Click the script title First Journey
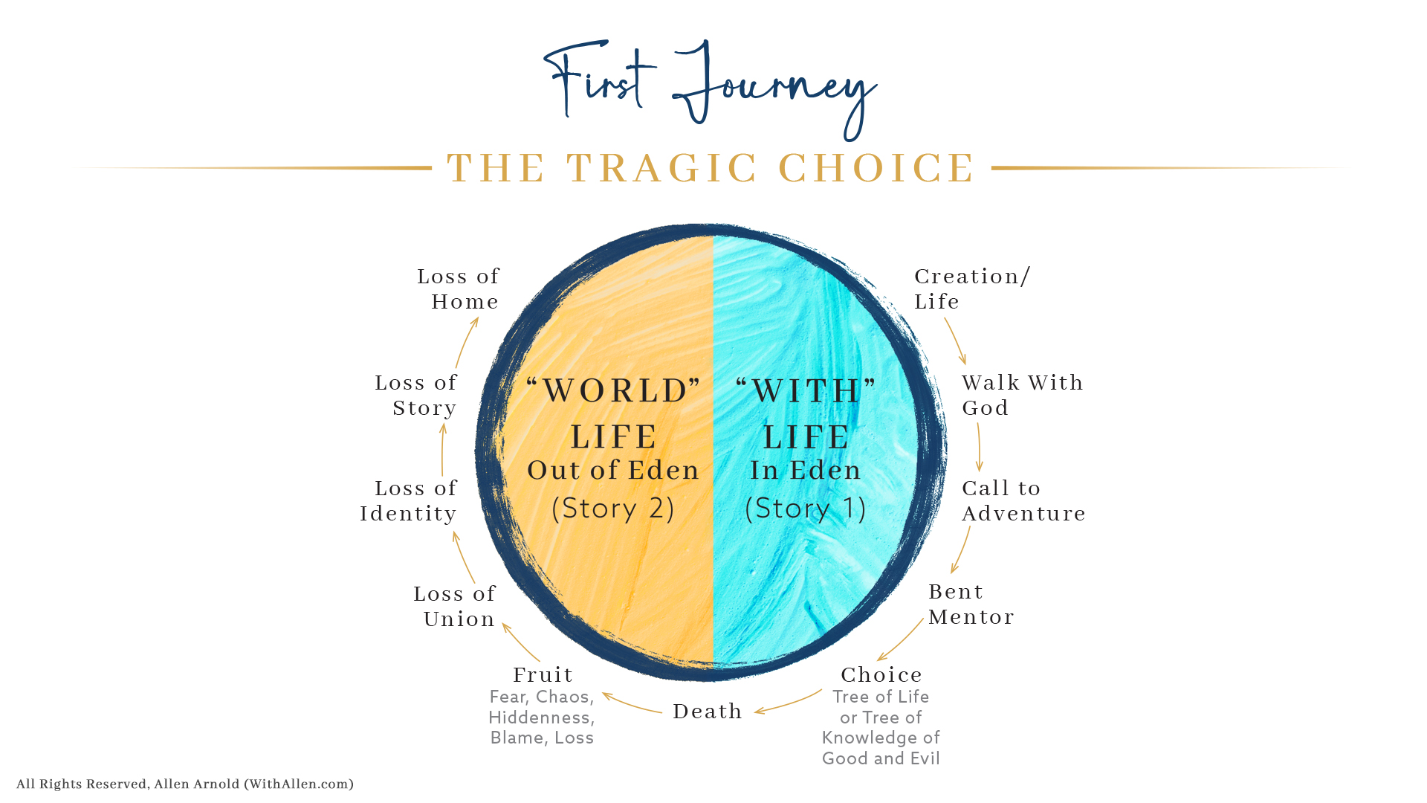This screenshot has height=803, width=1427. click(710, 89)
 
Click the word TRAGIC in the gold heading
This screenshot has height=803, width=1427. click(662, 168)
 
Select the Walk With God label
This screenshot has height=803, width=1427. click(1023, 395)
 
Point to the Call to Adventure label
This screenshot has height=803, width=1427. click(1023, 500)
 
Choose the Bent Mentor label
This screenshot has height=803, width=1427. click(971, 604)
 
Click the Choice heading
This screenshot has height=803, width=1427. click(881, 674)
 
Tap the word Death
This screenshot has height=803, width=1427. click(708, 712)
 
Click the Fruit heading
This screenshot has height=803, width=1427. click(543, 674)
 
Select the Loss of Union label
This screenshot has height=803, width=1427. click(455, 606)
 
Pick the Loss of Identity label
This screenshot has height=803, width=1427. click(409, 500)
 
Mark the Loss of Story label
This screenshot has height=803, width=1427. click(416, 395)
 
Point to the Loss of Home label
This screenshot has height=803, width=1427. click(459, 288)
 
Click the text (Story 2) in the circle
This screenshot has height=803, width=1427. click(613, 509)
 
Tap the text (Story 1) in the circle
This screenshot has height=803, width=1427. click(806, 509)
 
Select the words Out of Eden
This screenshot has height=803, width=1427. click(614, 470)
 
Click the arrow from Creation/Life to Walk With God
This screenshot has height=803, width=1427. click(956, 341)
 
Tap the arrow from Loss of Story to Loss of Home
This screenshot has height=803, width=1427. click(465, 343)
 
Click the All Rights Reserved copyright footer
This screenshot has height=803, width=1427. click(185, 784)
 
